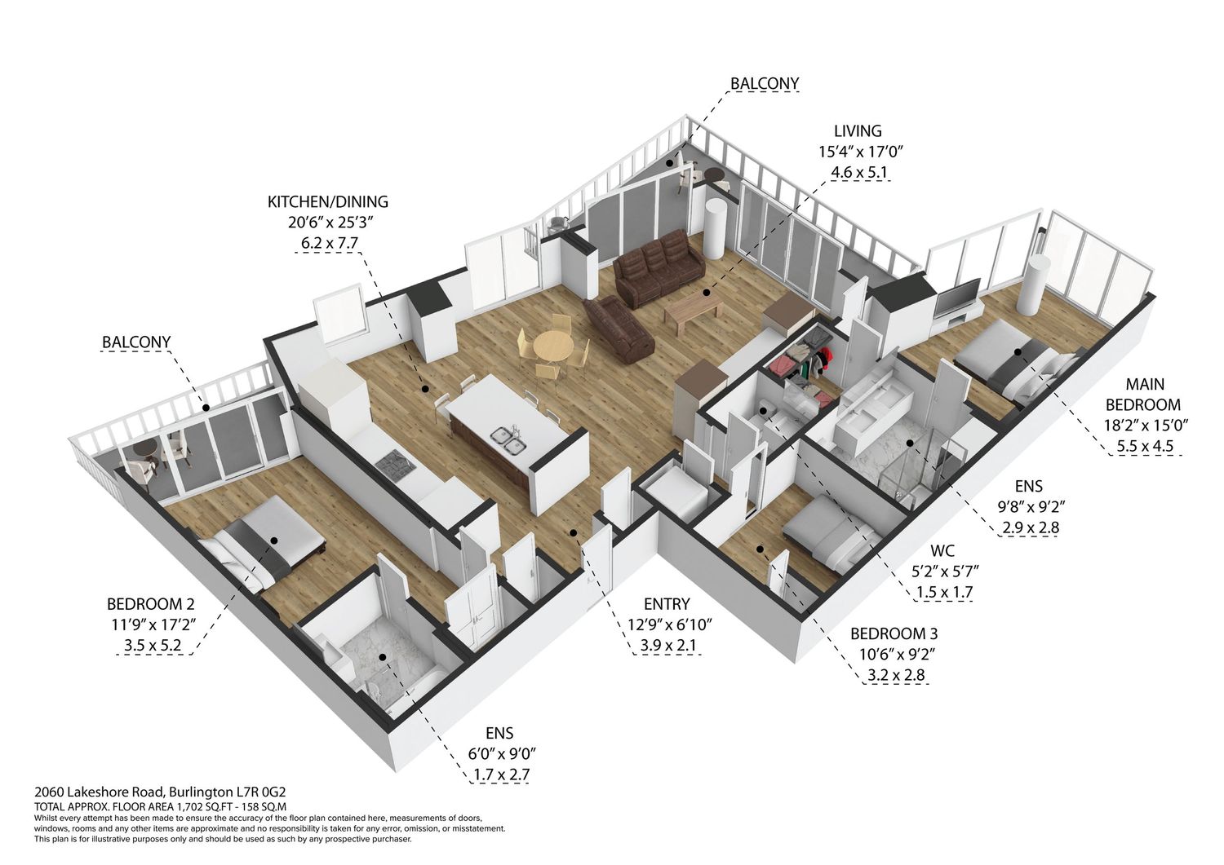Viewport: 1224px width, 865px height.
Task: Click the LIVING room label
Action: coord(858,131)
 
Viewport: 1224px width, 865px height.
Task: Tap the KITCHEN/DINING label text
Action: coord(328,202)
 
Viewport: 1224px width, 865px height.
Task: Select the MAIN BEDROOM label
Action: coord(1144,395)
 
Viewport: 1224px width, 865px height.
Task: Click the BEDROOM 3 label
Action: coord(894,634)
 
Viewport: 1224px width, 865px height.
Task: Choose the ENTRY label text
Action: coord(667,604)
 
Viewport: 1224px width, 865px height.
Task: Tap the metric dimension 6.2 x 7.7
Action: coord(330,244)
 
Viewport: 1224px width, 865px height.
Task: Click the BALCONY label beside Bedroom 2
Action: coord(136,342)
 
